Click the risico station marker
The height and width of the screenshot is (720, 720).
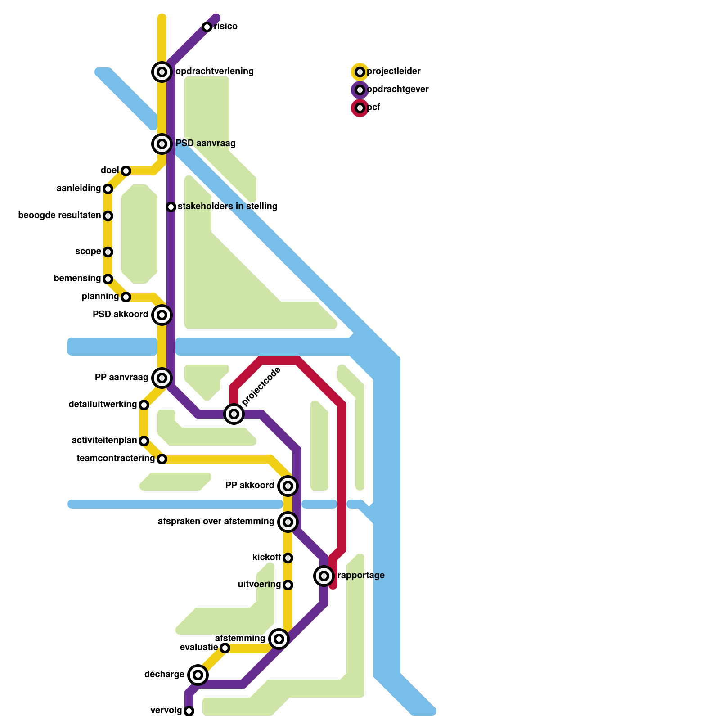(207, 27)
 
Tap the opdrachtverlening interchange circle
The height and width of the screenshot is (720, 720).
(162, 72)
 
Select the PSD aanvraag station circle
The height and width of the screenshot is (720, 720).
(162, 144)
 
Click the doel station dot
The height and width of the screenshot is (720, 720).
(126, 171)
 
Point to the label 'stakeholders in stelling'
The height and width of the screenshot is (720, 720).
(227, 207)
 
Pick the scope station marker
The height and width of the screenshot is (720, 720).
(108, 252)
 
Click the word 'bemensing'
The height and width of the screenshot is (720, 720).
(77, 279)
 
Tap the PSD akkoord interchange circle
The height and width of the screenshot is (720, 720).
(162, 315)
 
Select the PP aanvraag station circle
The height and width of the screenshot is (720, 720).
(162, 378)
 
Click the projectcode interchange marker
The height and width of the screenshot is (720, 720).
(234, 414)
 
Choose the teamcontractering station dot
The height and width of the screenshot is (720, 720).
(162, 459)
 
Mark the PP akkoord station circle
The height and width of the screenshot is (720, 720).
(288, 486)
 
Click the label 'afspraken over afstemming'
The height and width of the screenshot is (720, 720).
(216, 522)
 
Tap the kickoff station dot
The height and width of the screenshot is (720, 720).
(288, 558)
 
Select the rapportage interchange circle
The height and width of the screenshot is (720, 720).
(324, 576)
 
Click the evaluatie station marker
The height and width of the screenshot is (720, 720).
(225, 648)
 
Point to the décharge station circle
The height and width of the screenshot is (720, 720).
(198, 675)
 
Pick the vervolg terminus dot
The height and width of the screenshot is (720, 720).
(189, 711)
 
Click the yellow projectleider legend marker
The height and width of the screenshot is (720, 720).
(360, 72)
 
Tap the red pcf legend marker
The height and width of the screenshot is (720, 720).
(360, 108)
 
